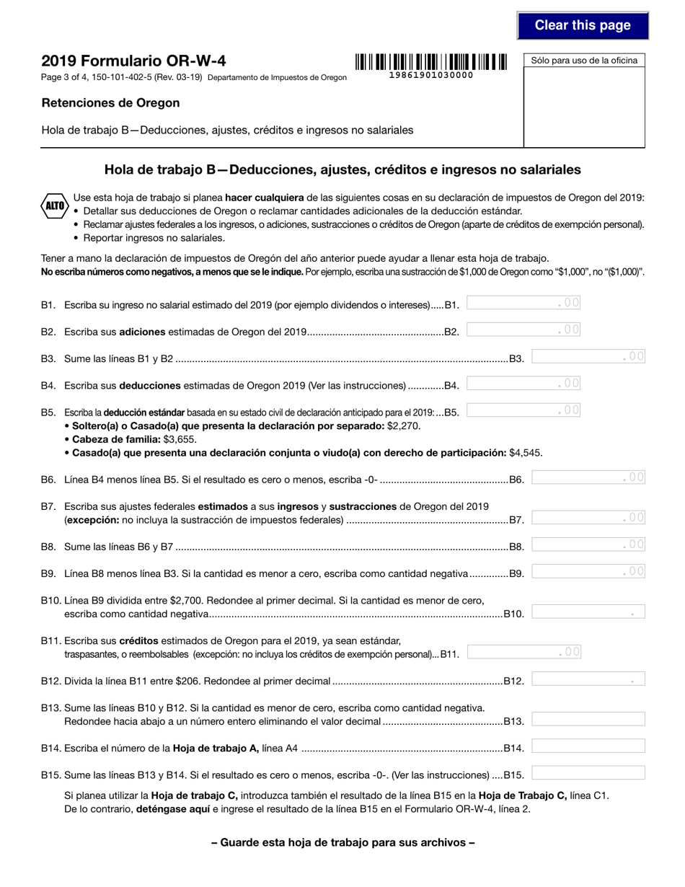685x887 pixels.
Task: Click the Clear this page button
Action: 583,26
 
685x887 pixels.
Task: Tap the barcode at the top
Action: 431,61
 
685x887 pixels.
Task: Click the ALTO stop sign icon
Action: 55,206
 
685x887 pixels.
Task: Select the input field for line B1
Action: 523,304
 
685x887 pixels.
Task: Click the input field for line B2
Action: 523,330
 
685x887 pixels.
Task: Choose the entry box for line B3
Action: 588,356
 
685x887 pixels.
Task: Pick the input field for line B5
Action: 523,411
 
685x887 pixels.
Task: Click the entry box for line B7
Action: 588,518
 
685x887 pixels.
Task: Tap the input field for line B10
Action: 588,612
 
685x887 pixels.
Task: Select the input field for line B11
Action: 523,653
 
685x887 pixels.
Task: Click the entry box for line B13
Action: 588,719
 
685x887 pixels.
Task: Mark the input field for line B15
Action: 588,773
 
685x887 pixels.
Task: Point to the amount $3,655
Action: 180,439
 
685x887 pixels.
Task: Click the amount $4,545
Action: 525,453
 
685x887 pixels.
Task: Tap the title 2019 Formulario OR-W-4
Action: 133,61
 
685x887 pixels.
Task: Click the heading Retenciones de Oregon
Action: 110,103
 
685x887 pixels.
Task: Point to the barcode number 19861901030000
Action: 431,75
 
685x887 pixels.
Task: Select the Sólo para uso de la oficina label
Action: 584,61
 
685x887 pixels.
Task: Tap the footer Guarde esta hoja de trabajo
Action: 342,842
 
